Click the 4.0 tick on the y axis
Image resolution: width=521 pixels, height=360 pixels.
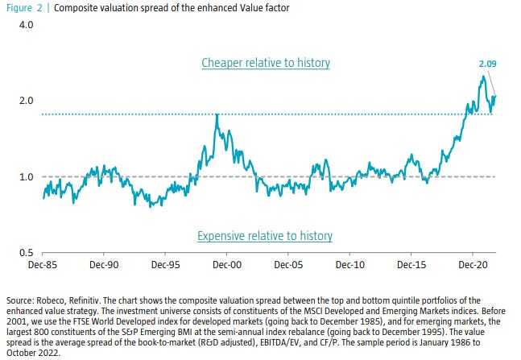27,25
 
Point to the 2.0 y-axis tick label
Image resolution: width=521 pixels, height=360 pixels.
27,101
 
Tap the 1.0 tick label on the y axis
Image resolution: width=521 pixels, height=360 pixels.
27,177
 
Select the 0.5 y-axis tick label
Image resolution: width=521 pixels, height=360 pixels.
27,253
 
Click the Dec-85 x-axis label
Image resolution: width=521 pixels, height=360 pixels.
43,263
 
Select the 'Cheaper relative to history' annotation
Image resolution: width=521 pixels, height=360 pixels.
266,62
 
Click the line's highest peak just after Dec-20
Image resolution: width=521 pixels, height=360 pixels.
482,77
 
